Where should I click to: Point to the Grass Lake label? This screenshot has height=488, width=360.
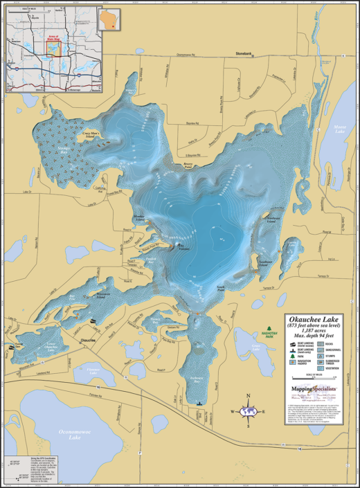256,346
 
